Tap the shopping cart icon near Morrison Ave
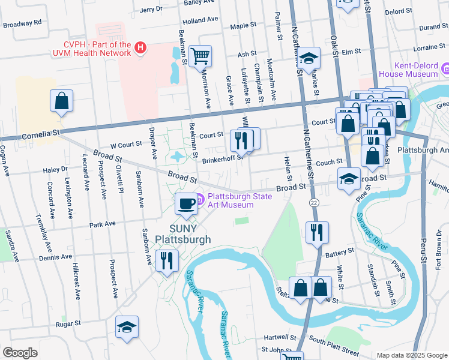200,56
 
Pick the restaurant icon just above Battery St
316,232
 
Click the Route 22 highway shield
314,203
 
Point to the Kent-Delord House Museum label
416,69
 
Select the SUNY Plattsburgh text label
183,234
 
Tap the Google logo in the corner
20,353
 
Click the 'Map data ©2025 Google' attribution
411,355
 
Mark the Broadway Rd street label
22,23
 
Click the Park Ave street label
102,224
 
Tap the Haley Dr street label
55,170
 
